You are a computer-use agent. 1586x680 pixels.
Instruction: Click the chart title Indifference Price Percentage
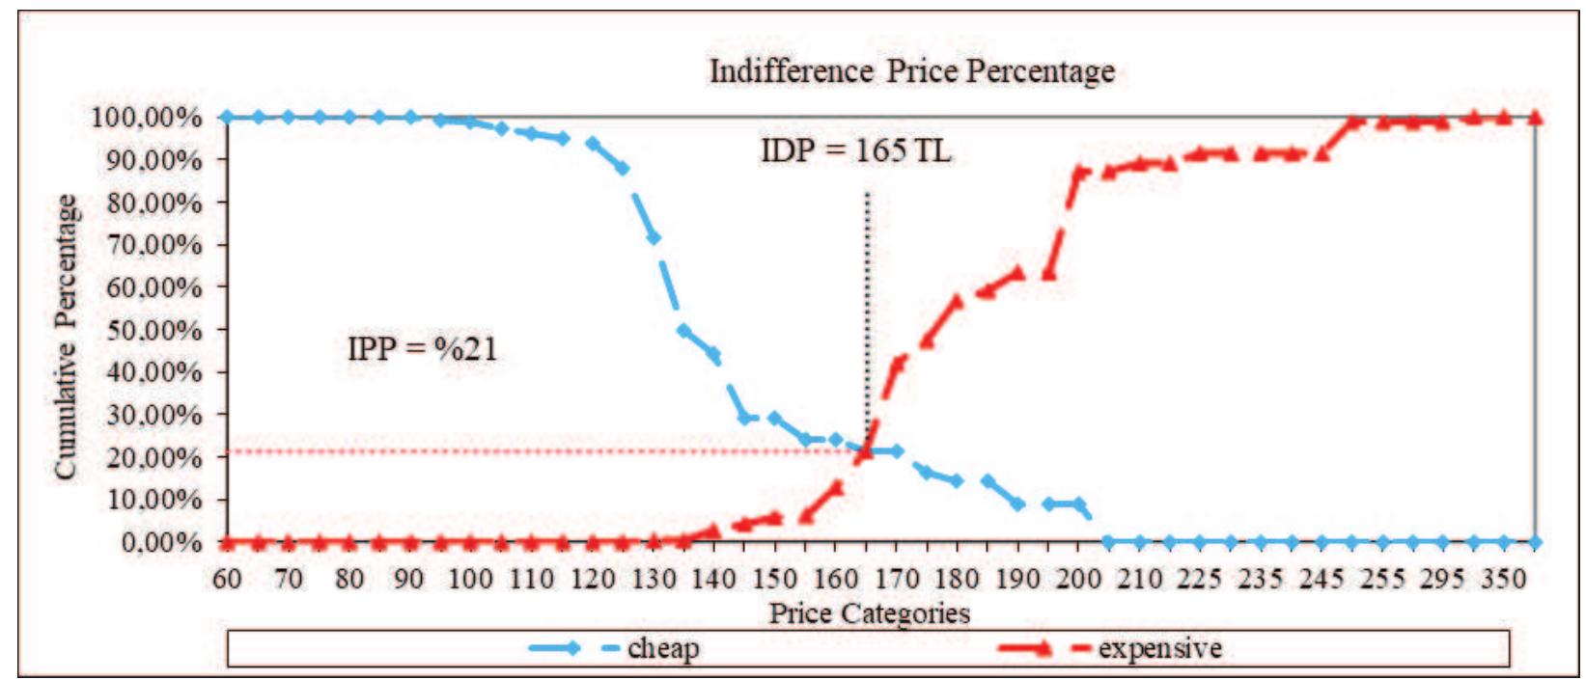coord(911,71)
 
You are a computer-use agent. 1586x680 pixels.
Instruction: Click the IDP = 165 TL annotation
coord(855,150)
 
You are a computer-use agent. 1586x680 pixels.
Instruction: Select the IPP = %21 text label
coord(423,348)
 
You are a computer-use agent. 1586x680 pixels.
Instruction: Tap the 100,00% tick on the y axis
coord(148,118)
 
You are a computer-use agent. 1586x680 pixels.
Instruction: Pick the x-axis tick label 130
coord(654,579)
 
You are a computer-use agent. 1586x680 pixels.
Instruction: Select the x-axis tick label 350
coord(1503,579)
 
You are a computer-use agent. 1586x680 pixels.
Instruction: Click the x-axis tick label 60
coord(227,579)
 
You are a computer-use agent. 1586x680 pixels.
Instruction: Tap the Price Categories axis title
coord(869,613)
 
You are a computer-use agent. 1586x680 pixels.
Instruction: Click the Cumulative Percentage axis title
coord(65,337)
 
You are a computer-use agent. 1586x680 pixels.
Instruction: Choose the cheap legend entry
coord(618,648)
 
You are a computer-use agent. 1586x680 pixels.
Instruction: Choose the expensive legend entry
coord(1110,648)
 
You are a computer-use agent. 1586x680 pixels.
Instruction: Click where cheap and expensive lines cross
coord(866,450)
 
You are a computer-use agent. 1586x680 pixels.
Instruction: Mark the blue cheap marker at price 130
coord(654,237)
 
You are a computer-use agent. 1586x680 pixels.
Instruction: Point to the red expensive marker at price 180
coord(958,300)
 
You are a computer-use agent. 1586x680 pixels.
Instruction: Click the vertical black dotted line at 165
coord(867,289)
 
